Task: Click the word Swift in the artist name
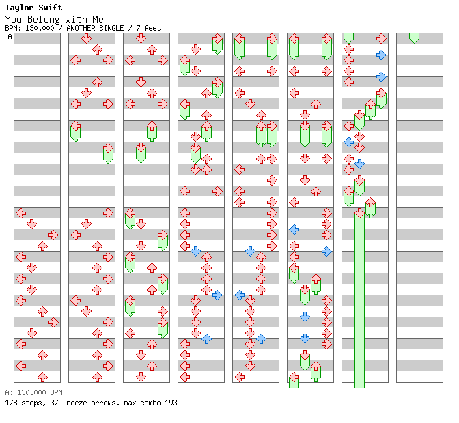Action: click(49, 8)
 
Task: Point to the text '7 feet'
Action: click(148, 28)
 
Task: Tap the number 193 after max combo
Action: click(171, 403)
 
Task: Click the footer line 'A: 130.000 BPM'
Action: click(33, 392)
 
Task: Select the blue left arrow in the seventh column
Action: click(348, 142)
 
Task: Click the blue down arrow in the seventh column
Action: click(359, 164)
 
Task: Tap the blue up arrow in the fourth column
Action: click(206, 338)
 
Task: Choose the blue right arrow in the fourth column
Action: click(217, 295)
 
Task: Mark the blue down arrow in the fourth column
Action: click(195, 251)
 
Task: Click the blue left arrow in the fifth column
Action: click(239, 295)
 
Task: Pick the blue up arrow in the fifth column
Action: click(261, 338)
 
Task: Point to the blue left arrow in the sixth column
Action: click(294, 229)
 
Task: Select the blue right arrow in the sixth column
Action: click(326, 251)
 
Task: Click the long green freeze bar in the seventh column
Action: click(359, 307)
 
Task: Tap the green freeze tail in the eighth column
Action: click(414, 37)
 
